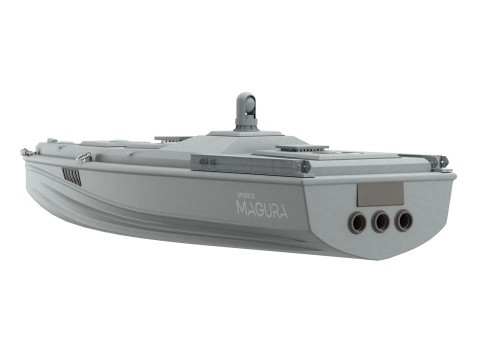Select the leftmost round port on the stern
pyautogui.click(x=357, y=222)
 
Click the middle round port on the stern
pyautogui.click(x=380, y=221)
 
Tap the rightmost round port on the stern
pyautogui.click(x=403, y=219)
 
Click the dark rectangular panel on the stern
pyautogui.click(x=381, y=193)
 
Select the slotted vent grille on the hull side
pyautogui.click(x=72, y=176)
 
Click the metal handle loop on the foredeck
pyautogui.click(x=86, y=157)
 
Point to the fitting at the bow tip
pyautogui.click(x=25, y=152)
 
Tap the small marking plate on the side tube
pyautogui.click(x=208, y=161)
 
